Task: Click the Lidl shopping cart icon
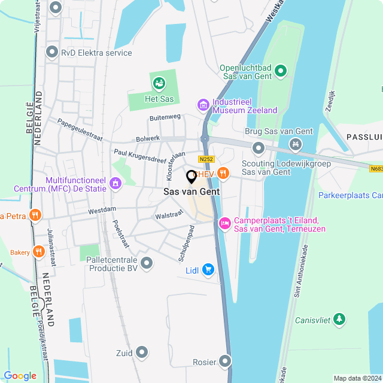[x=208, y=270]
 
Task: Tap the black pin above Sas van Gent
[x=191, y=177]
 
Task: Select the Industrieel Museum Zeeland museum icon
[x=203, y=105]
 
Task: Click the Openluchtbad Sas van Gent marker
[x=281, y=74]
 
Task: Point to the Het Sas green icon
[x=159, y=83]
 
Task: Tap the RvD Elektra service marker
[x=51, y=53]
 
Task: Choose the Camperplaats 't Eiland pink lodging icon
[x=224, y=223]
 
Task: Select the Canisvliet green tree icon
[x=339, y=320]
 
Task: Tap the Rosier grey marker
[x=224, y=361]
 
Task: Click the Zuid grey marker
[x=142, y=352]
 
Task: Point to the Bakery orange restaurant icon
[x=39, y=252]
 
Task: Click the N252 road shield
[x=206, y=159]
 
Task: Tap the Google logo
[x=20, y=375]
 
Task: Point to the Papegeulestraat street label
[x=80, y=127]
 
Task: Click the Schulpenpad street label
[x=187, y=242]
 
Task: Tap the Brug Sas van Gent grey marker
[x=259, y=147]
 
